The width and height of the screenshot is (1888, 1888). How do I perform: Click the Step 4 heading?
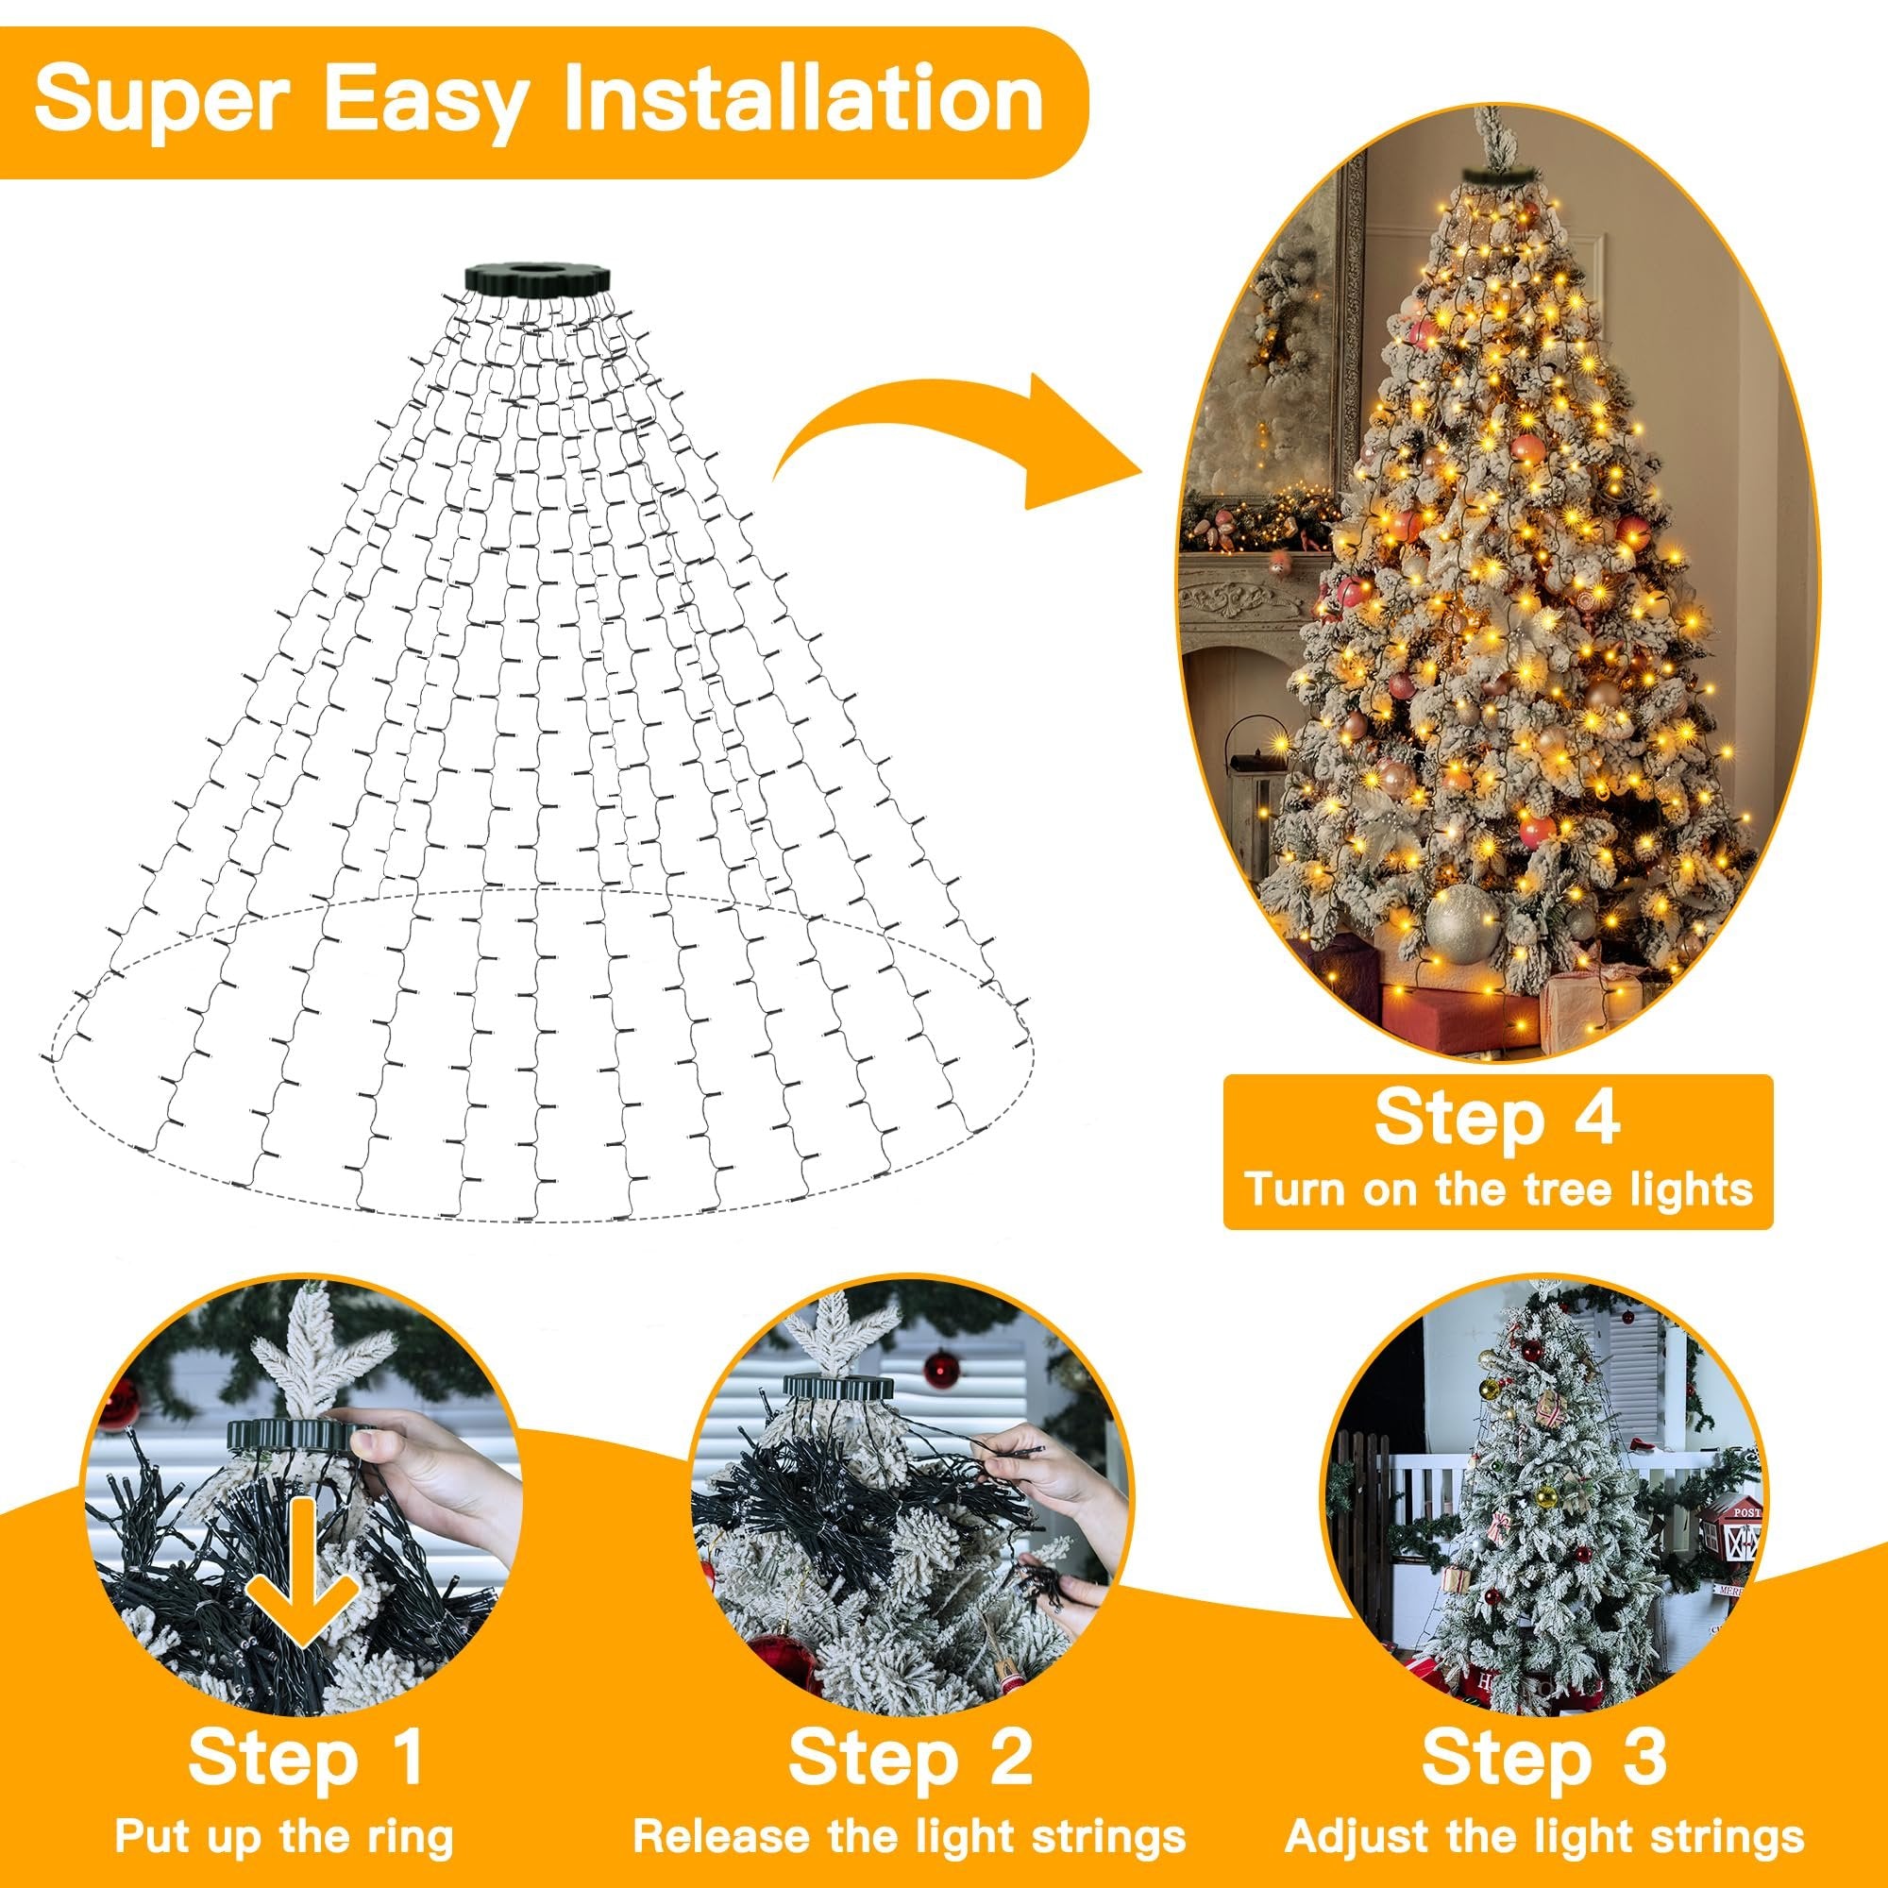click(1497, 1119)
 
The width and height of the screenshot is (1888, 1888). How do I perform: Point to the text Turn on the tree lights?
click(1497, 1190)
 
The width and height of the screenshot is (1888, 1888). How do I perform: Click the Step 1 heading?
click(306, 1702)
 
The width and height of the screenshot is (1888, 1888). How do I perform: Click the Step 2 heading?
click(910, 1702)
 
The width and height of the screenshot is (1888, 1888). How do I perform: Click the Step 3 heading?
click(1544, 1702)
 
